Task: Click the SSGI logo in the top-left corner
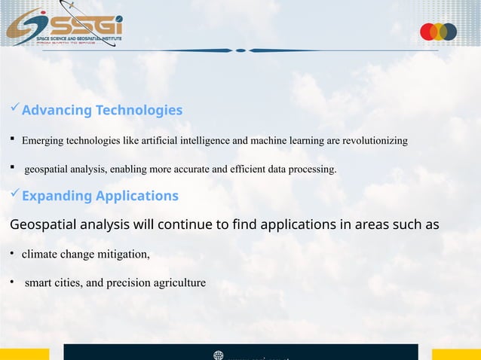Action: (63, 27)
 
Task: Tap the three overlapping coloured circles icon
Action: (438, 32)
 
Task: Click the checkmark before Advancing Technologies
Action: (14, 110)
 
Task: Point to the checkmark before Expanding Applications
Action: (14, 195)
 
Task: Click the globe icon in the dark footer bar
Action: (219, 355)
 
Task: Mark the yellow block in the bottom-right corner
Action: (456, 354)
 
